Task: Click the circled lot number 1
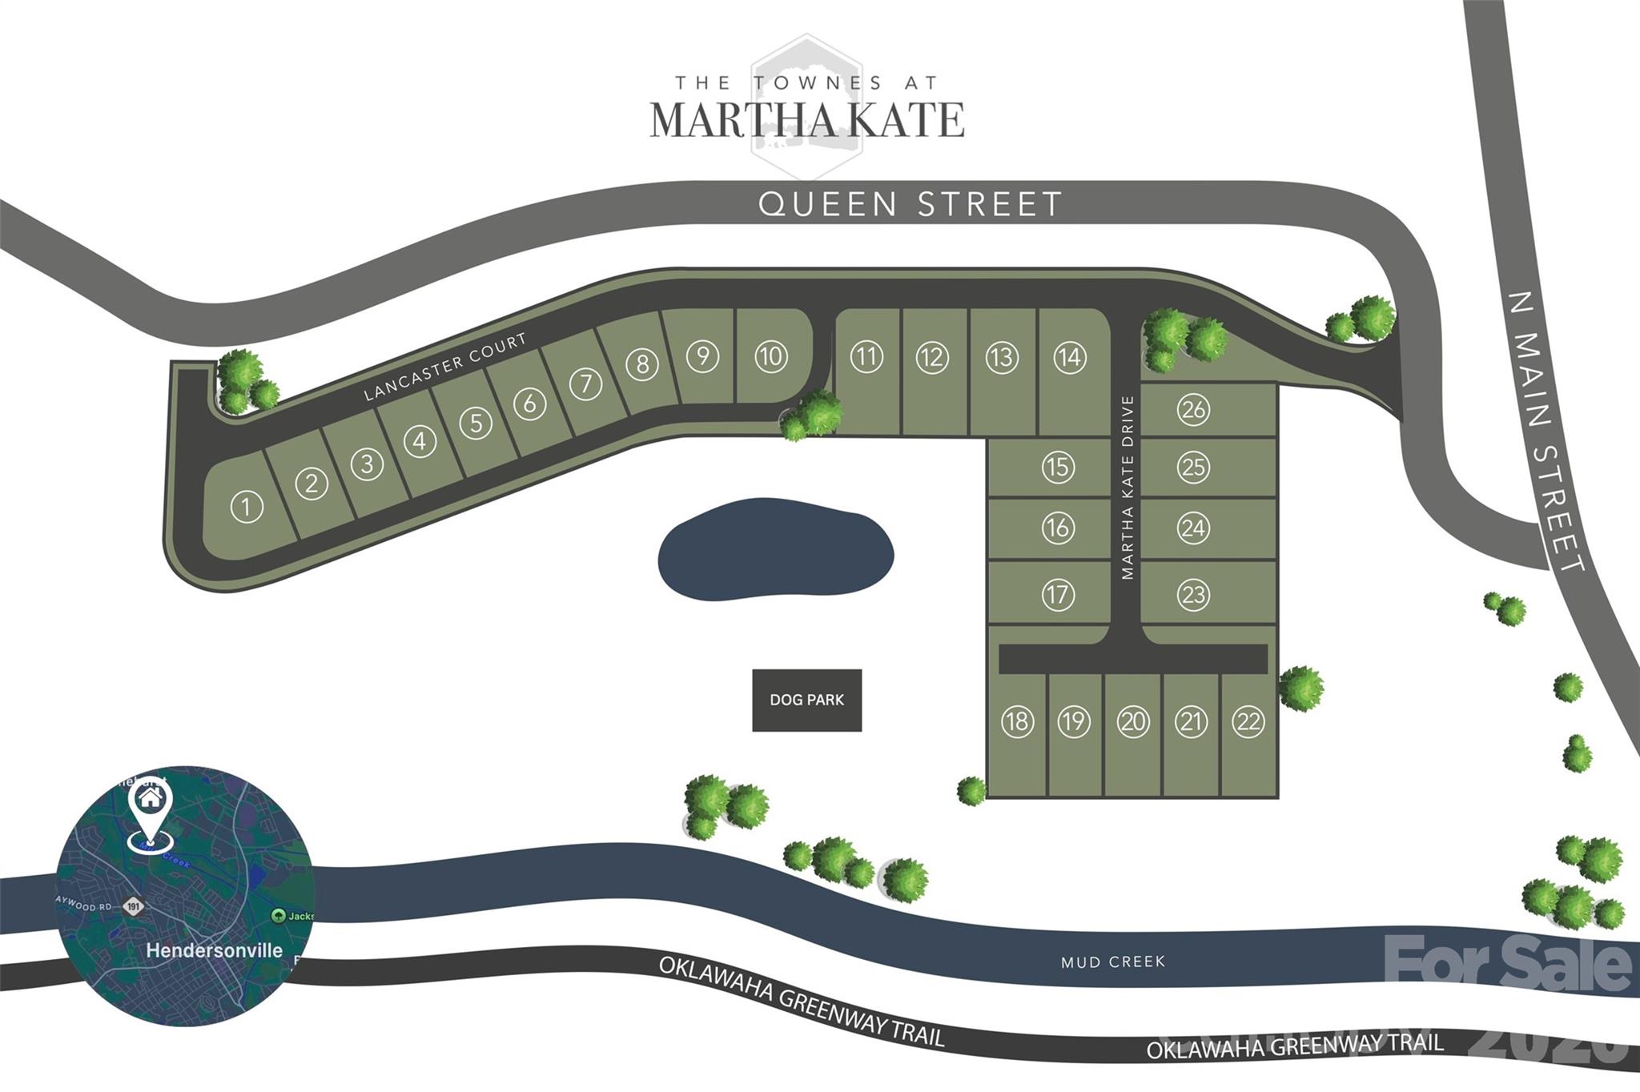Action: pyautogui.click(x=247, y=507)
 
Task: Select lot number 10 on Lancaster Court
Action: pyautogui.click(x=771, y=356)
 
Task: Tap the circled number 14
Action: pyautogui.click(x=1070, y=357)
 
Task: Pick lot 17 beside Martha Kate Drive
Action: pyautogui.click(x=1057, y=595)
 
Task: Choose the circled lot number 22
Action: pyautogui.click(x=1248, y=722)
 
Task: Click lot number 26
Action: pyautogui.click(x=1193, y=410)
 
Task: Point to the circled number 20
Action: pyautogui.click(x=1132, y=722)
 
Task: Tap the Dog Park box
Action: pyautogui.click(x=806, y=701)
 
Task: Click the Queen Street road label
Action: pyautogui.click(x=910, y=204)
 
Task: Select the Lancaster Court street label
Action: pyautogui.click(x=445, y=367)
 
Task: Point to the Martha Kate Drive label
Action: pyautogui.click(x=1127, y=488)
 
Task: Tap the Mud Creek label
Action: pyautogui.click(x=1112, y=962)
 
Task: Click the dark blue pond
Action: pyautogui.click(x=775, y=549)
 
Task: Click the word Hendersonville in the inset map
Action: pyautogui.click(x=214, y=950)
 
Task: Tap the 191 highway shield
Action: pyautogui.click(x=133, y=907)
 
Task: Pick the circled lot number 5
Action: pyautogui.click(x=476, y=423)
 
